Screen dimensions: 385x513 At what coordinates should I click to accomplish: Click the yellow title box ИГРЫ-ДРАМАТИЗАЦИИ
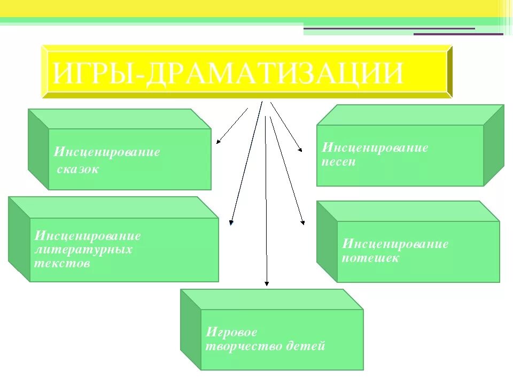click(247, 72)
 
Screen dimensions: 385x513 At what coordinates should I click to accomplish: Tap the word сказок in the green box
click(78, 170)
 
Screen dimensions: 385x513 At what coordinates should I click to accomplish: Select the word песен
click(339, 161)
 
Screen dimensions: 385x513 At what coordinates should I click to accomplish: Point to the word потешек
click(370, 259)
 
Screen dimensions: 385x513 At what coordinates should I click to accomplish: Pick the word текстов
click(62, 264)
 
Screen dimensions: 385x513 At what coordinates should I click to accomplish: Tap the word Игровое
click(231, 332)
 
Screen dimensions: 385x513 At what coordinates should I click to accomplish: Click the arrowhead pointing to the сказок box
click(217, 143)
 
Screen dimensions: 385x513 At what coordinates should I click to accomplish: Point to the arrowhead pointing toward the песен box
click(301, 150)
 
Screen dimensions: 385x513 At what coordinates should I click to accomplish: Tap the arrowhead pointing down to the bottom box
click(267, 284)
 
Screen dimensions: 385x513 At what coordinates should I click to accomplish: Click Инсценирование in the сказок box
click(107, 152)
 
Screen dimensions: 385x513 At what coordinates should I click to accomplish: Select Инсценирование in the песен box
click(375, 148)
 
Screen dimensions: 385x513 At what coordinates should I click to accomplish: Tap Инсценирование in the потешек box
click(395, 244)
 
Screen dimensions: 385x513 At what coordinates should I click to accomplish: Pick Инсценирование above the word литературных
click(88, 236)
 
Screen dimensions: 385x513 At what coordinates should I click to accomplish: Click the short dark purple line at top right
click(458, 34)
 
